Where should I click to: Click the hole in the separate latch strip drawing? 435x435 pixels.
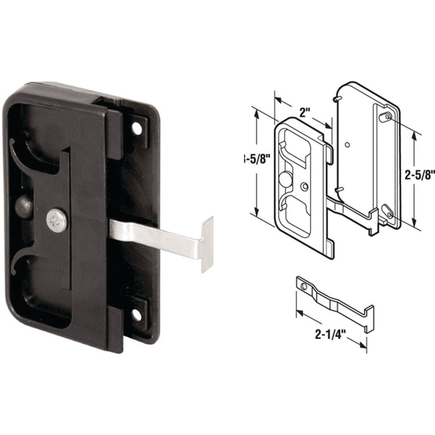coord(304,286)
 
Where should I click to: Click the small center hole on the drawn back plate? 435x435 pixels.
coord(348,144)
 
